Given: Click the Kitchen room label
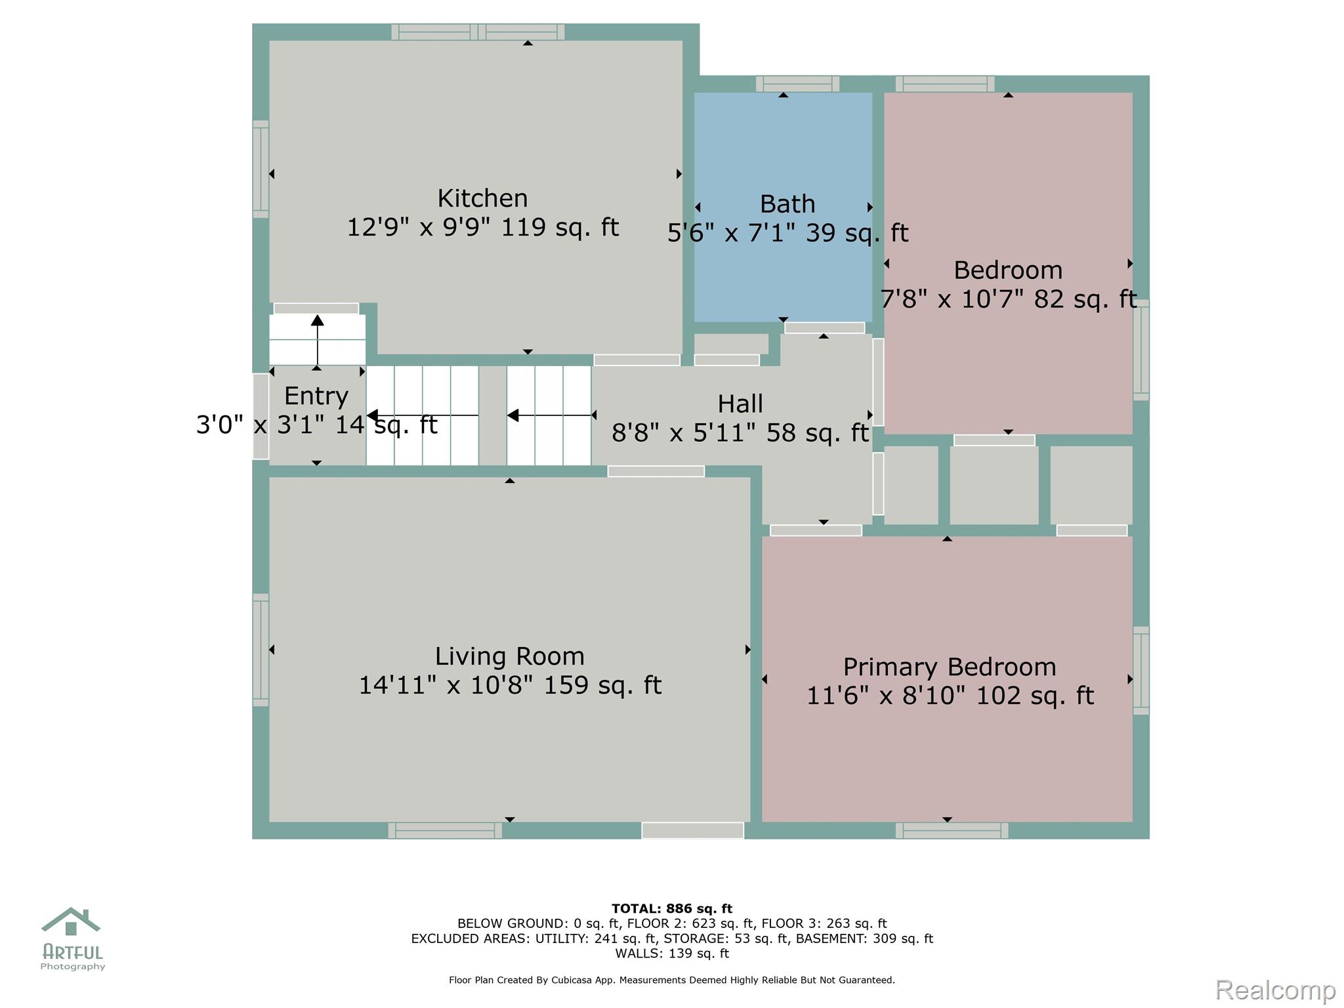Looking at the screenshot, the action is coord(482,198).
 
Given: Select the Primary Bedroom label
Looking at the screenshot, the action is coord(950,667).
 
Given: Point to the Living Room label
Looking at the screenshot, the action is coord(509,656).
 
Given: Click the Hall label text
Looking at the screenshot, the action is coord(740,404).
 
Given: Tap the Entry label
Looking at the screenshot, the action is coord(316,396).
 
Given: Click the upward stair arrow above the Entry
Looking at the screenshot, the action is coord(318,340).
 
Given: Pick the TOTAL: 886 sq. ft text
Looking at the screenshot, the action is coord(672,908).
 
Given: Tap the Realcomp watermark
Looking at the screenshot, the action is coord(1275,990).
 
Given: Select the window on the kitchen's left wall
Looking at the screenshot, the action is coord(261,169).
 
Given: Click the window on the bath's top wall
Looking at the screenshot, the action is coord(797,84).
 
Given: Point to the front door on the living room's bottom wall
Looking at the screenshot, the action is coord(692,830).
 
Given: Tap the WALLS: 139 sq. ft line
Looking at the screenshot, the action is coord(672,954).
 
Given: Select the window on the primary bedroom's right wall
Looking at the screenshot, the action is coord(1141,670).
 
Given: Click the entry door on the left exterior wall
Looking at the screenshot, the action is coord(261,416).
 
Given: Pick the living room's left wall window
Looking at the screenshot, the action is coord(261,650).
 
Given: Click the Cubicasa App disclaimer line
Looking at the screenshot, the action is coord(672,980).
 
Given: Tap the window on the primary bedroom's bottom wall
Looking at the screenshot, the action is coord(952,830).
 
